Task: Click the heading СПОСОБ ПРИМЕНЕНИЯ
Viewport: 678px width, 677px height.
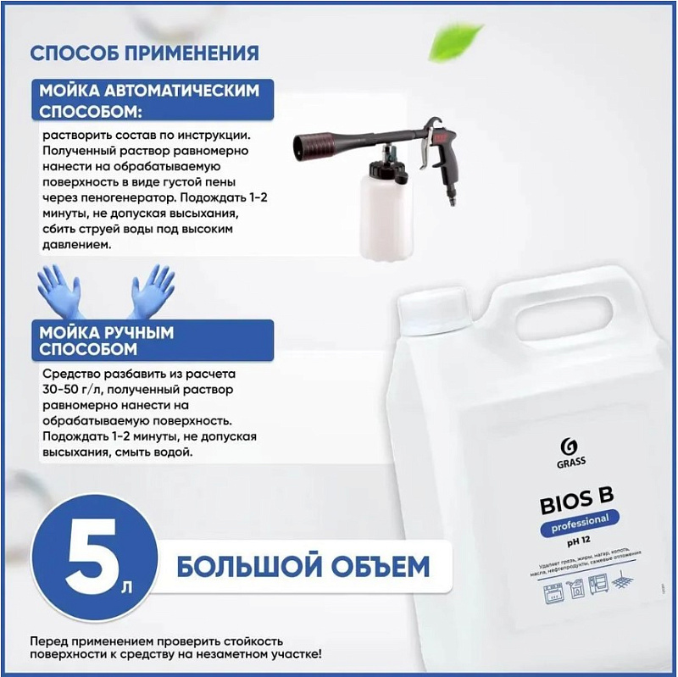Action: click(144, 53)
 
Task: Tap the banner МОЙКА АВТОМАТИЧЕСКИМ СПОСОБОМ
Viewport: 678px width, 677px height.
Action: click(149, 102)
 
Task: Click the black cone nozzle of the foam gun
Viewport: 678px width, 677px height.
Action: click(321, 143)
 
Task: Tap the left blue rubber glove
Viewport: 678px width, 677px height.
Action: click(61, 291)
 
